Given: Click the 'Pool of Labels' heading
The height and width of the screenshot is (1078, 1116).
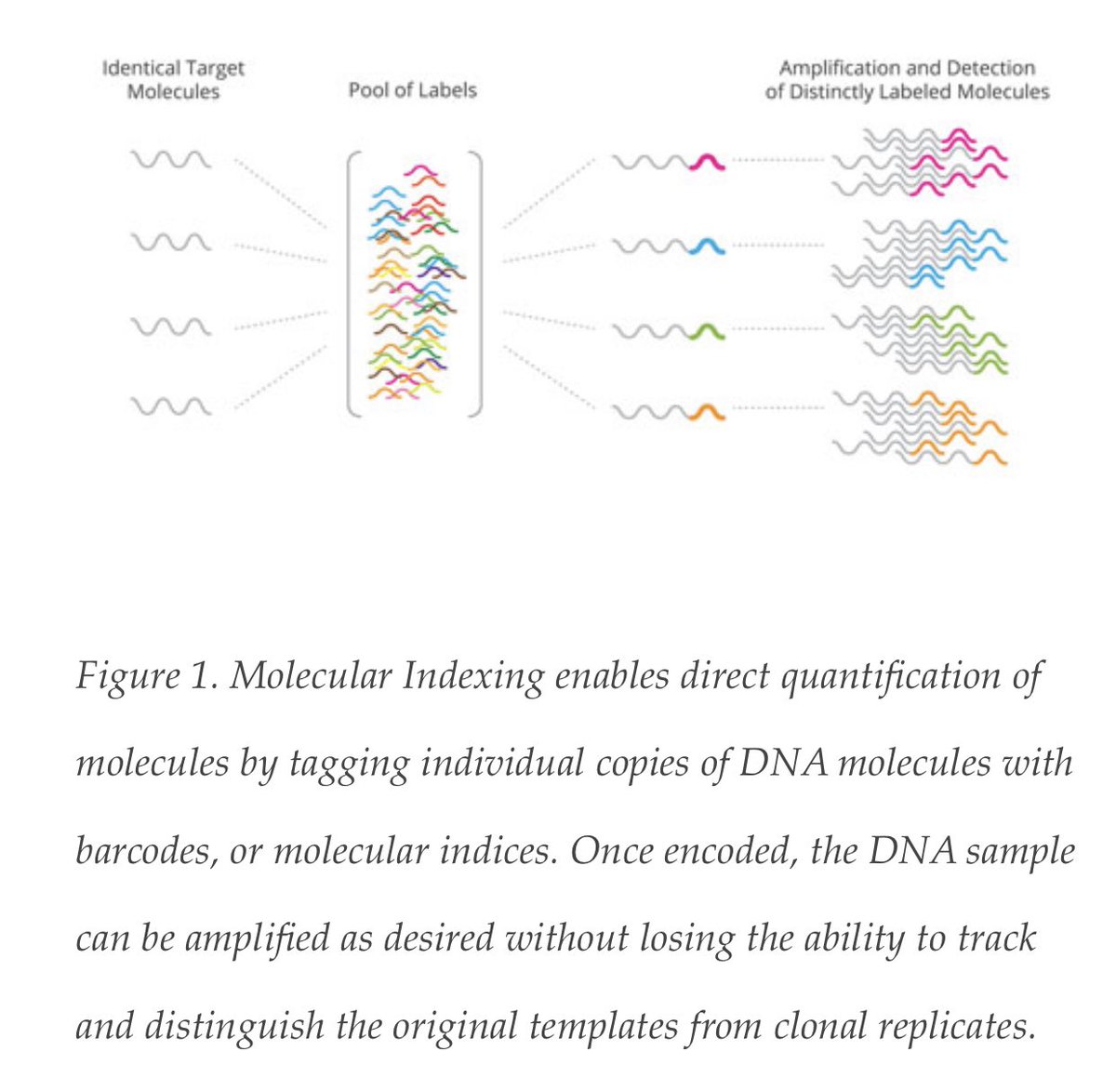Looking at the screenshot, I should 412,90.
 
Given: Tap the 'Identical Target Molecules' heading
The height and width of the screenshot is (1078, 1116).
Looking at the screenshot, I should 173,80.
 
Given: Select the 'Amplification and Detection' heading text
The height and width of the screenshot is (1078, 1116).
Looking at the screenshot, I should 907,68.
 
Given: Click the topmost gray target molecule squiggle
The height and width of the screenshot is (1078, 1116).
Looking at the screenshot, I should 171,161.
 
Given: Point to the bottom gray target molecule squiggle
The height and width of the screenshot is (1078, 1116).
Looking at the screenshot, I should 171,406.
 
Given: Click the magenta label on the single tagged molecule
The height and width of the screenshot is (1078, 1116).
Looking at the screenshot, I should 709,163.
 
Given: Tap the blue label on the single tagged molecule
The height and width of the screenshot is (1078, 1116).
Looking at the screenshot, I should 709,246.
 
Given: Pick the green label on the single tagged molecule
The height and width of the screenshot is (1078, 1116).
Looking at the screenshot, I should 709,329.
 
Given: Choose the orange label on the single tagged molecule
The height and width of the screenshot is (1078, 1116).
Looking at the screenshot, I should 709,409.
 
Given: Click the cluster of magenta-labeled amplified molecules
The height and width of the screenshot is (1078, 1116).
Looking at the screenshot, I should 921,163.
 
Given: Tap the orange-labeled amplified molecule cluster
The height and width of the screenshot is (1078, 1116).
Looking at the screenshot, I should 921,425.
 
